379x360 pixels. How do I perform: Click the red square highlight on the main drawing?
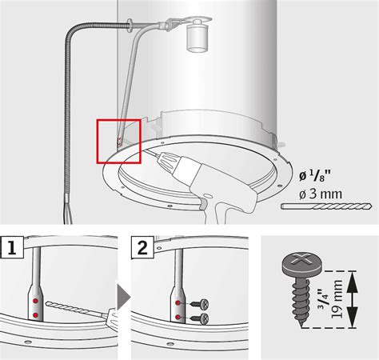(118, 141)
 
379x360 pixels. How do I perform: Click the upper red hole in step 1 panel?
(37, 302)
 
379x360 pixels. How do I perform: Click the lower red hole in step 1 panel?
(37, 315)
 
